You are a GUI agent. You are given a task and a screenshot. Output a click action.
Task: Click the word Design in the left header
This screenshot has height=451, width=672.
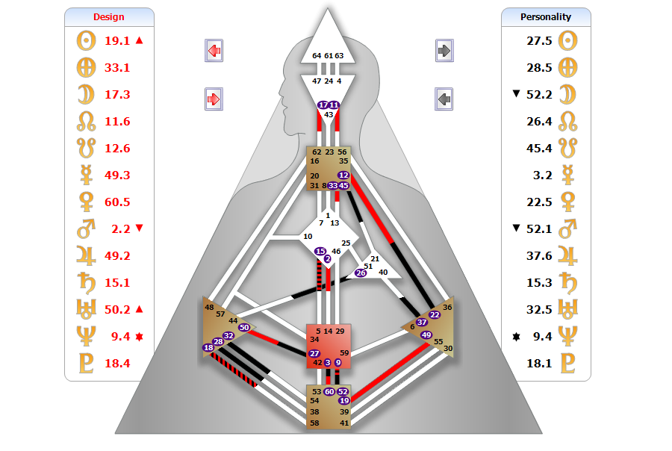pyautogui.click(x=109, y=16)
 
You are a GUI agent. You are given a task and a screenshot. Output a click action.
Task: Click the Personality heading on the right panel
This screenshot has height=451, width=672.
pyautogui.click(x=546, y=16)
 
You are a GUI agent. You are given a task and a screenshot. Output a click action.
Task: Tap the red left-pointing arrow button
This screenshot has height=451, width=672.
pyautogui.click(x=214, y=51)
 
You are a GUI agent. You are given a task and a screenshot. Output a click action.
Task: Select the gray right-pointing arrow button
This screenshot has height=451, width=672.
pyautogui.click(x=444, y=51)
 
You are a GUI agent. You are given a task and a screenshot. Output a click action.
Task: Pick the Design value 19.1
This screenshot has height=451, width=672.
pyautogui.click(x=117, y=41)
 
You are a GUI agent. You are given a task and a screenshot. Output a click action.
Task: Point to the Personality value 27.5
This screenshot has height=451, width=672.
pyautogui.click(x=539, y=41)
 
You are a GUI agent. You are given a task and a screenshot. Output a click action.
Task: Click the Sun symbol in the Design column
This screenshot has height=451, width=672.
pyautogui.click(x=86, y=41)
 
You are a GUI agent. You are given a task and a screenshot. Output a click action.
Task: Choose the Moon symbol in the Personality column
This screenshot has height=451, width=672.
pyautogui.click(x=567, y=94)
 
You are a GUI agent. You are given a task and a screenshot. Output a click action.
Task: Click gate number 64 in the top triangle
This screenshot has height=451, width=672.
pyautogui.click(x=317, y=56)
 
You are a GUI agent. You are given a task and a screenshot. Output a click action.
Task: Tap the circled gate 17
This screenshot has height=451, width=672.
pyautogui.click(x=323, y=105)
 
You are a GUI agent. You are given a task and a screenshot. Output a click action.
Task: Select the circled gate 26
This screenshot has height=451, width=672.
pyautogui.click(x=361, y=273)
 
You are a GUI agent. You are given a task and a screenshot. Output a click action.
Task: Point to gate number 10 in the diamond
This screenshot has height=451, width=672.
pyautogui.click(x=308, y=236)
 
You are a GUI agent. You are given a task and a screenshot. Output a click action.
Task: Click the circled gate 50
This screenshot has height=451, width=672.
pyautogui.click(x=244, y=328)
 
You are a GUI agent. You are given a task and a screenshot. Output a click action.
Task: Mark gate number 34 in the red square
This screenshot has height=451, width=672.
pyautogui.click(x=314, y=340)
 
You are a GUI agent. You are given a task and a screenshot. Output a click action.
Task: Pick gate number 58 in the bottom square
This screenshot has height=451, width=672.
pyautogui.click(x=314, y=423)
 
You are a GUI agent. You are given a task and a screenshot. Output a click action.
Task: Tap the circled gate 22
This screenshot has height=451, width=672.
pyautogui.click(x=435, y=314)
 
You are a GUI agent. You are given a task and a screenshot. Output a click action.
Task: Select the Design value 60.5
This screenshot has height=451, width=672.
pyautogui.click(x=117, y=202)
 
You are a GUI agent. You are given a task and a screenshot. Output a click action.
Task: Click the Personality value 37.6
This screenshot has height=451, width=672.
pyautogui.click(x=539, y=256)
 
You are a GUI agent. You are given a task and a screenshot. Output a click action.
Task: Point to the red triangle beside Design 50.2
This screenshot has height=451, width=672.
pyautogui.click(x=140, y=309)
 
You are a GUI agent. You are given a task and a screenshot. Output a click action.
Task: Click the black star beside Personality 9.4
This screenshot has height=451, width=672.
pyautogui.click(x=517, y=337)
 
